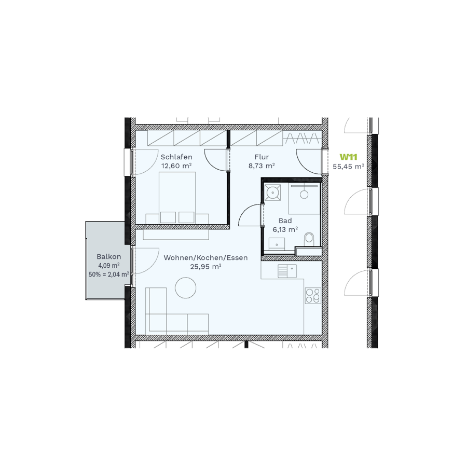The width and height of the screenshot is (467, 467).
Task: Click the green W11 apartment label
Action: tap(348, 157)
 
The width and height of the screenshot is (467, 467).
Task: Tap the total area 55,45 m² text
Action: tap(348, 167)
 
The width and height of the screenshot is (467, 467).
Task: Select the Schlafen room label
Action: tap(176, 157)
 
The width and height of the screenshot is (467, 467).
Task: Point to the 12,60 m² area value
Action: tap(176, 166)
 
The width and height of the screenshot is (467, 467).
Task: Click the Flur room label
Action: tap(262, 157)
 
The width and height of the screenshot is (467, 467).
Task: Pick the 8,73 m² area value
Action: tap(262, 166)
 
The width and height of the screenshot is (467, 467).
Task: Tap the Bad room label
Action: tap(285, 221)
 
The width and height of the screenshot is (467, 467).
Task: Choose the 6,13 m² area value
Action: tap(285, 230)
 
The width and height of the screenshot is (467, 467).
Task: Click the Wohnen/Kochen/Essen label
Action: tap(205, 257)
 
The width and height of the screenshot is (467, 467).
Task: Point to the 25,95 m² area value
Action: tap(205, 267)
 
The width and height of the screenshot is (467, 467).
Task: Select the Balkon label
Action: tap(109, 256)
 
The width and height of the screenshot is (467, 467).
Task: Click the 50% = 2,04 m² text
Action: tap(109, 274)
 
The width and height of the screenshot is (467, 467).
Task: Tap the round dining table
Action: tap(186, 287)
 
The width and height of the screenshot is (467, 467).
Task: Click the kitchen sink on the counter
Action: tap(287, 271)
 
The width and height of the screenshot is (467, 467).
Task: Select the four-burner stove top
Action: tap(313, 295)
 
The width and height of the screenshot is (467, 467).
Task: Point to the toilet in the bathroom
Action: tap(309, 239)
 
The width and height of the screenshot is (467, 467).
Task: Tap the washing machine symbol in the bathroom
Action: tap(273, 193)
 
